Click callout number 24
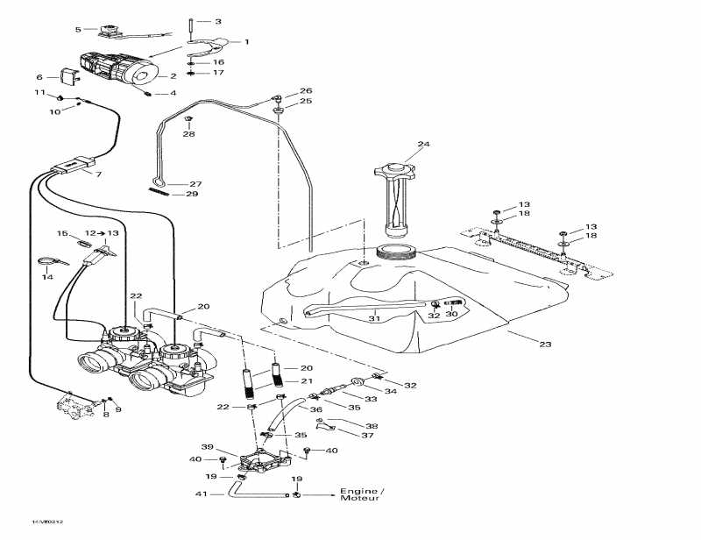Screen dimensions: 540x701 423,145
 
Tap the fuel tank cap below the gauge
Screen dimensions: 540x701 393,253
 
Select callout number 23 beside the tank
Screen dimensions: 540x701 545,345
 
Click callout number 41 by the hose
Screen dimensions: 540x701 202,494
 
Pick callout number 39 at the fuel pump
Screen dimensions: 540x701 207,446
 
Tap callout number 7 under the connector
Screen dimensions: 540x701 98,174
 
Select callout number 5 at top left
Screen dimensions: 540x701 77,30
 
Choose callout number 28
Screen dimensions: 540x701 188,134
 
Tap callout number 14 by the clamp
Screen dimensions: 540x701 47,277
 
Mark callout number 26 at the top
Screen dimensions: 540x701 306,91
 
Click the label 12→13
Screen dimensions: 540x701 103,233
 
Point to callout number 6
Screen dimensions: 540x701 39,77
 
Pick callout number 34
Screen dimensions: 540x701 391,392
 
